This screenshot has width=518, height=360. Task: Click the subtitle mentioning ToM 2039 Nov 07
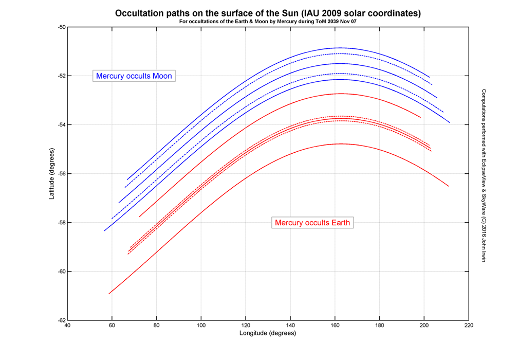[x=268, y=22]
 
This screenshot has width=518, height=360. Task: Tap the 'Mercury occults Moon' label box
[x=134, y=76]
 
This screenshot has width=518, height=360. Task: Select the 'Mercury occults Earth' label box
[x=312, y=223]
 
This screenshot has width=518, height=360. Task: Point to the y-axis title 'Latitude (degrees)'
[x=52, y=174]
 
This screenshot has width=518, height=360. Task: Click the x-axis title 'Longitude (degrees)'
[x=268, y=333]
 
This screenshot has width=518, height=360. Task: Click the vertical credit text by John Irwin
[x=484, y=174]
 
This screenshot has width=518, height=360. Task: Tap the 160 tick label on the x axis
[x=335, y=326]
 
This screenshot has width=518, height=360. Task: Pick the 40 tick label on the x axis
[x=67, y=326]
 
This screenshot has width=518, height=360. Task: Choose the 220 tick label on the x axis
[x=468, y=326]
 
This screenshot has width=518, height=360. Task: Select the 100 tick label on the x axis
[x=201, y=326]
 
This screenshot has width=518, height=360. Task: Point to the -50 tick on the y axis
[x=60, y=27]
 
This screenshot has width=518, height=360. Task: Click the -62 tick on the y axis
[x=60, y=320]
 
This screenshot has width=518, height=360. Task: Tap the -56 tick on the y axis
[x=60, y=174]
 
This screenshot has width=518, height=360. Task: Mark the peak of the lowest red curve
[x=340, y=144]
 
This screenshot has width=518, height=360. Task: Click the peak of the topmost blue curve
[x=339, y=48]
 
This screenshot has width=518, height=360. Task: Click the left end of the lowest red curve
[x=109, y=294]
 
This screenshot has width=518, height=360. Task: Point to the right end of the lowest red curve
[x=448, y=186]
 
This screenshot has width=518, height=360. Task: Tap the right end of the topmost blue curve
[x=430, y=77]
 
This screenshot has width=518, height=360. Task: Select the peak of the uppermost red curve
[x=340, y=94]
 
